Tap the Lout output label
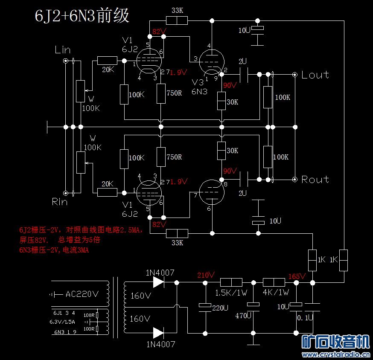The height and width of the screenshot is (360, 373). (x=315, y=75)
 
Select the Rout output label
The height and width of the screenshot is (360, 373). (x=315, y=180)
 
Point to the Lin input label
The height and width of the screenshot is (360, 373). (x=63, y=50)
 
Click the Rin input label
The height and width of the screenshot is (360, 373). (x=60, y=202)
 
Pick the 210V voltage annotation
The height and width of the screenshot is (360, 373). (x=206, y=275)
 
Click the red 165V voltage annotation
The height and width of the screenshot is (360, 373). (x=297, y=276)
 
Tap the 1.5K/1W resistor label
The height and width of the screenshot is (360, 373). (x=231, y=293)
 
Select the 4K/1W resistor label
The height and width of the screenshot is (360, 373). (x=276, y=292)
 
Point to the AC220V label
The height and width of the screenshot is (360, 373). (x=82, y=294)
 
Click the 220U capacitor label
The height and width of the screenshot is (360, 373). (x=220, y=308)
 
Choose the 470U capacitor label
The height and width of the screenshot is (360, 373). (x=243, y=316)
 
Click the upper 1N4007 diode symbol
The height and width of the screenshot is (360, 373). (x=158, y=282)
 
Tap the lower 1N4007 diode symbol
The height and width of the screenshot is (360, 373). (x=158, y=333)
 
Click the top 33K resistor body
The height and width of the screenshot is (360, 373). (x=177, y=20)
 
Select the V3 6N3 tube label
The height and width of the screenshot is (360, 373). (x=200, y=87)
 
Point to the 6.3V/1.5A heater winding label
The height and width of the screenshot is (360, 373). (x=62, y=322)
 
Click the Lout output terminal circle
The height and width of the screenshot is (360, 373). (x=295, y=75)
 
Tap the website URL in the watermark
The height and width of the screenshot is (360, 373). (x=336, y=354)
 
